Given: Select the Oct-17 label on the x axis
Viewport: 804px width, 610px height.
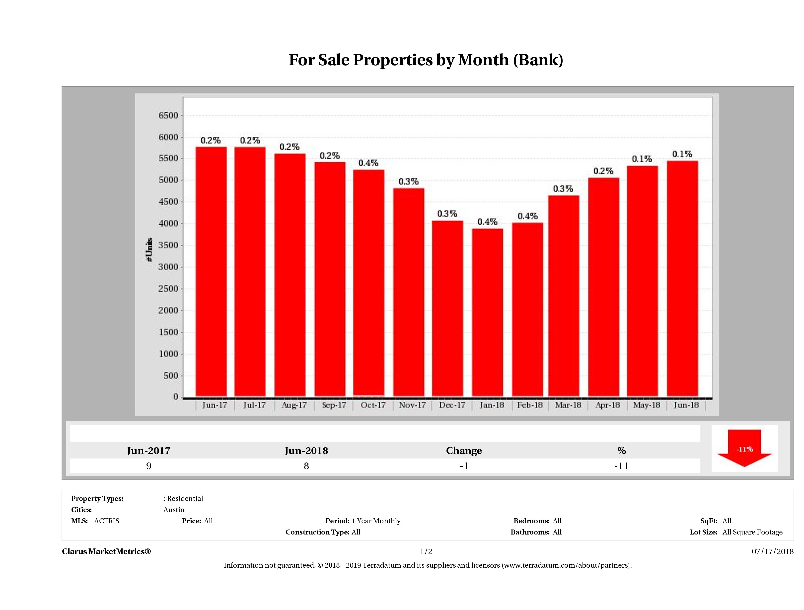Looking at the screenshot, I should [373, 405].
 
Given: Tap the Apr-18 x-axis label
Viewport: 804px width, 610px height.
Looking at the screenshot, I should [607, 405].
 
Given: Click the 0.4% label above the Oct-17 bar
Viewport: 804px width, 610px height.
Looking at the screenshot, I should [368, 163].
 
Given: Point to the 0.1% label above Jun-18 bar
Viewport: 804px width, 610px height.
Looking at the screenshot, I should [682, 154].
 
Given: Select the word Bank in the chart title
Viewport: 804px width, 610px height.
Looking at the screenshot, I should [538, 60].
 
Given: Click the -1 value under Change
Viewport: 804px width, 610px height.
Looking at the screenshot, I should [464, 466].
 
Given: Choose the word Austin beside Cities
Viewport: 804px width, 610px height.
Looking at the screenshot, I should [174, 510].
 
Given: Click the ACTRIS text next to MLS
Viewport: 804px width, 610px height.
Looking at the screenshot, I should [106, 521].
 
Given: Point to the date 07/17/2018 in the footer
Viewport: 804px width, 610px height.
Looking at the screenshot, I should [772, 551].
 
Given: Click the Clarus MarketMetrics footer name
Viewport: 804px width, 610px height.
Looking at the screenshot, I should [106, 551].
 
